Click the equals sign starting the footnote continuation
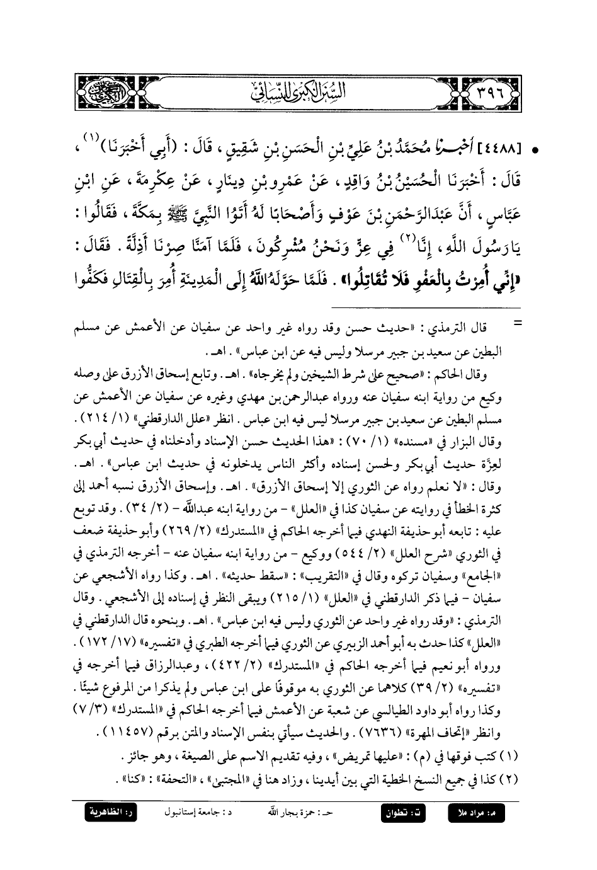click(x=519, y=323)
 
